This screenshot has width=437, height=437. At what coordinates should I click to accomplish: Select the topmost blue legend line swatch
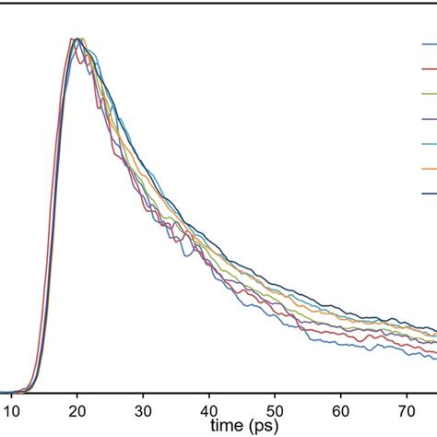[x=429, y=44]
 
